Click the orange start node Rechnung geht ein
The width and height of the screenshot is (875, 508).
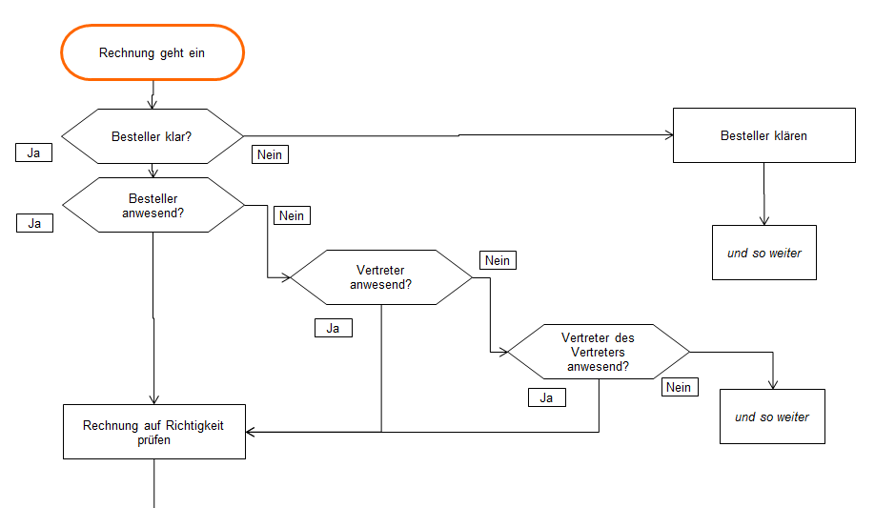[x=153, y=52]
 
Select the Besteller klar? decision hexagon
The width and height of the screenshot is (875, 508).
[x=153, y=135]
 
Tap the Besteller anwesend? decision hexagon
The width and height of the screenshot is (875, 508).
[x=153, y=205]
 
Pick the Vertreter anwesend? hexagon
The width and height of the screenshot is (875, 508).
[x=380, y=277]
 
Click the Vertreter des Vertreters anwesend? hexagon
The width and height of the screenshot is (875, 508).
[x=598, y=351]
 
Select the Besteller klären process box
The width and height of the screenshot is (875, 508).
[x=763, y=135]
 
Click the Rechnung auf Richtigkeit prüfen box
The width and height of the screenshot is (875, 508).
[x=153, y=432]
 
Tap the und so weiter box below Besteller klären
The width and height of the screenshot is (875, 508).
[x=763, y=253]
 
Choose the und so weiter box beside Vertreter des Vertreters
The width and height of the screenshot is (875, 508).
[x=771, y=417]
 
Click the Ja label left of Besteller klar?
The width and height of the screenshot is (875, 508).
[x=34, y=152]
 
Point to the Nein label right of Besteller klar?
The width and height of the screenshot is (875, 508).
[x=270, y=154]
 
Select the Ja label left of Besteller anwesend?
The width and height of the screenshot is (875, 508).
[x=34, y=223]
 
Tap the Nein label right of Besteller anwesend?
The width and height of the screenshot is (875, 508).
[x=292, y=215]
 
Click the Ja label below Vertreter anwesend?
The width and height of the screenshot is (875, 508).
[x=333, y=328]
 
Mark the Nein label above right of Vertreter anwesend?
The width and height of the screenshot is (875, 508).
[x=497, y=260]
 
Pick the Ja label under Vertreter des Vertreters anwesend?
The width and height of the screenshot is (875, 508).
[x=546, y=397]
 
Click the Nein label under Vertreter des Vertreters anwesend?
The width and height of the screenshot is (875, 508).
[x=678, y=387]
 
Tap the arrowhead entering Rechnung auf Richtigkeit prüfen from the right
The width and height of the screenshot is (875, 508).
[x=251, y=432]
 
